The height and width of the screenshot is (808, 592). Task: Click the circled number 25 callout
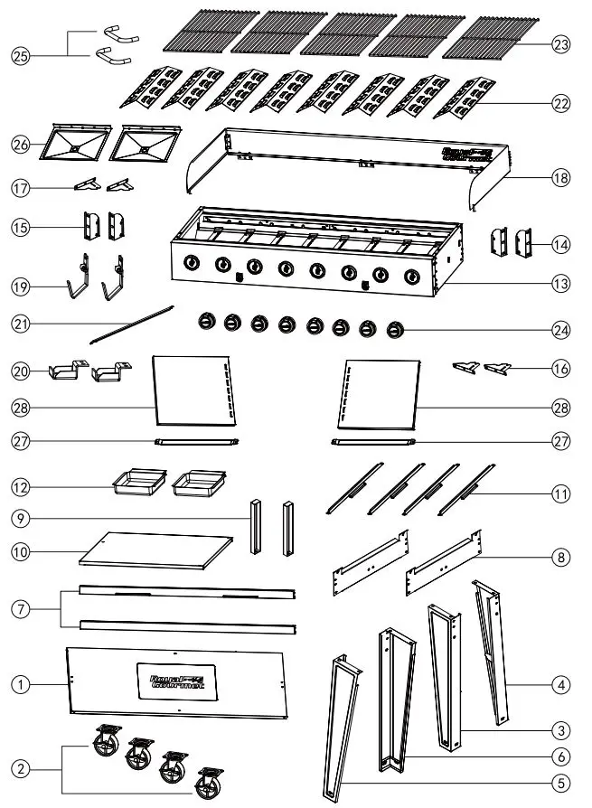tap(19, 55)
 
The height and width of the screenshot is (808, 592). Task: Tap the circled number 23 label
tap(561, 42)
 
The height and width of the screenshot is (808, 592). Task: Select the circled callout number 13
tap(561, 283)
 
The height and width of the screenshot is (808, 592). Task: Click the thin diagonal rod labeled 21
tap(132, 324)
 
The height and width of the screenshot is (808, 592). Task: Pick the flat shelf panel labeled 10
tap(150, 548)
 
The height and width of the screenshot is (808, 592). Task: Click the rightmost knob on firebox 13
tap(412, 276)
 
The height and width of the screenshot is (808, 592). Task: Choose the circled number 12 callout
tap(19, 486)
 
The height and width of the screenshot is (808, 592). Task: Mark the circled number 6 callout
tap(561, 756)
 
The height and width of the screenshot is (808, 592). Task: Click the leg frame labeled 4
tap(493, 651)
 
